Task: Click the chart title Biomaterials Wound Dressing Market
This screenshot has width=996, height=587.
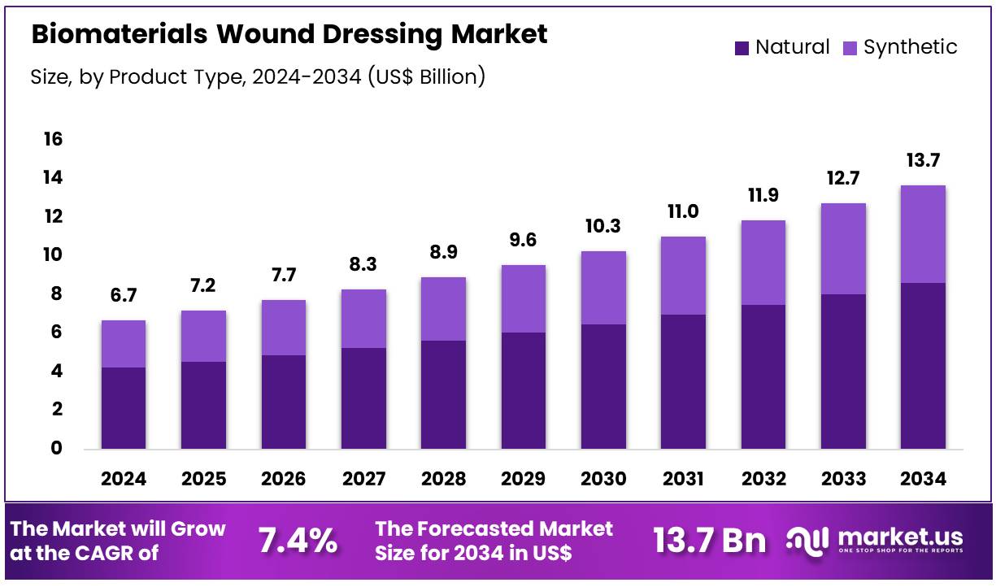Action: (x=289, y=34)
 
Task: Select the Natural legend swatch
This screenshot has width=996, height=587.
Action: (x=742, y=48)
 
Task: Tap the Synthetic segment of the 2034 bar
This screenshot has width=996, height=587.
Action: (x=923, y=234)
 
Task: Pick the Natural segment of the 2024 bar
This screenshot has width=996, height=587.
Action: (x=124, y=407)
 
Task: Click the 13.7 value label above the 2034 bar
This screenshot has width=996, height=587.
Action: (x=923, y=161)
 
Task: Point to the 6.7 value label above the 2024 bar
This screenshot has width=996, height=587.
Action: (x=124, y=297)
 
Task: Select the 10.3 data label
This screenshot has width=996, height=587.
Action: (x=603, y=227)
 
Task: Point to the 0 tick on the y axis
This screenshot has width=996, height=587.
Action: (x=56, y=448)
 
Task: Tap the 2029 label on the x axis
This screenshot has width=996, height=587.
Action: (x=523, y=479)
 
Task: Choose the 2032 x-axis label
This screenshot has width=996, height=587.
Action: (x=763, y=479)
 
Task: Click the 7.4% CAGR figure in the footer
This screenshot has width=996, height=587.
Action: (x=298, y=541)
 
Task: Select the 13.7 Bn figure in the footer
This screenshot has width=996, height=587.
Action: (x=709, y=541)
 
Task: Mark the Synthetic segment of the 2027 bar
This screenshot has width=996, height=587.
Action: (x=363, y=319)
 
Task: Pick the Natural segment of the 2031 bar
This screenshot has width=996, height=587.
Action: (x=683, y=381)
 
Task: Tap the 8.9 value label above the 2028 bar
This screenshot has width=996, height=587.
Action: (x=443, y=253)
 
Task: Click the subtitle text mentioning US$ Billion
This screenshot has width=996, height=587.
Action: (x=258, y=77)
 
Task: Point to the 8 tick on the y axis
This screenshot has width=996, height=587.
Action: (x=56, y=293)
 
